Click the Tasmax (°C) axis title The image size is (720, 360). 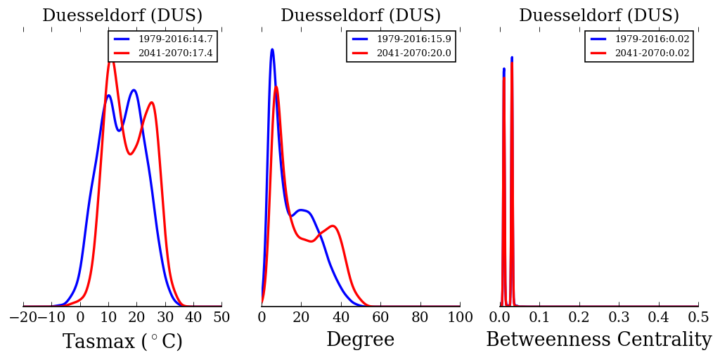122,342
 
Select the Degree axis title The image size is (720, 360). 360,340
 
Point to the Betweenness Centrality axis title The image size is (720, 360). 598,340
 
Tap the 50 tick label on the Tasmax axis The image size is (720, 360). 221,317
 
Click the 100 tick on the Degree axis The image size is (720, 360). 460,317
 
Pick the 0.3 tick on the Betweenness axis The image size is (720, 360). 619,317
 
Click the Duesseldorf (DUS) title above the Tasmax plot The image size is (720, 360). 122,16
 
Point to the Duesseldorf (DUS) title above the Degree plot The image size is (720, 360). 361,16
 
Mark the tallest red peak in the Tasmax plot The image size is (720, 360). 111,62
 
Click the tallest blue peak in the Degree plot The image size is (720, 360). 272,49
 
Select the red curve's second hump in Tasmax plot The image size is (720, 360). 151,103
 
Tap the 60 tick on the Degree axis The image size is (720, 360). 380,317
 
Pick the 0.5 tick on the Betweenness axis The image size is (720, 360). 698,317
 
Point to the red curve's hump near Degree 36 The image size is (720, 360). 333,226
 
